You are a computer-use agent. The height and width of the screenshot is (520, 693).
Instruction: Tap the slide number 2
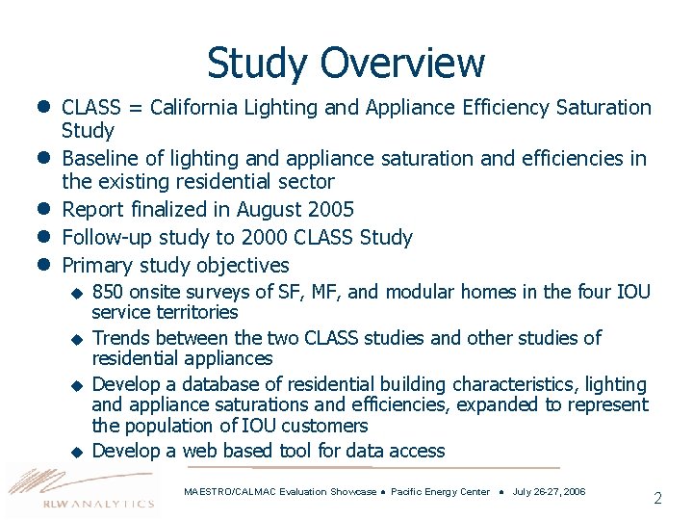tap(657, 498)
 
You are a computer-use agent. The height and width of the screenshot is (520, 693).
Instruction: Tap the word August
tap(265, 210)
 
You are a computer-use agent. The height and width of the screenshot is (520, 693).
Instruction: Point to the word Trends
tap(119, 338)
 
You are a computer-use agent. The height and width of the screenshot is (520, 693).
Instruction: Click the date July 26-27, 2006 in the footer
tap(549, 492)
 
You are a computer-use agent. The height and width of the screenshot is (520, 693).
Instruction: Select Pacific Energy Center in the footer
tap(440, 492)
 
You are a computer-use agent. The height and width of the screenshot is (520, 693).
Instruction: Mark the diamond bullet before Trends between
tap(77, 339)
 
